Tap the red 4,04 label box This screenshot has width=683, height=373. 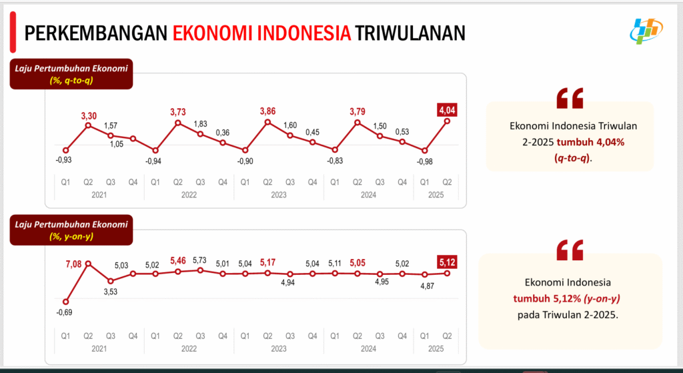point(447,109)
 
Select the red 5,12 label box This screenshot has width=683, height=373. point(447,261)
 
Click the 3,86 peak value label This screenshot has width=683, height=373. point(267,111)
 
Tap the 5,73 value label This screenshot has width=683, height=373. point(200,260)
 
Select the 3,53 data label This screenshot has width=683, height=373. point(111,291)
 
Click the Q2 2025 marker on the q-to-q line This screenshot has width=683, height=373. point(447,121)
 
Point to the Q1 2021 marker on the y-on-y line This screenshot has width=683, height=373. point(65,302)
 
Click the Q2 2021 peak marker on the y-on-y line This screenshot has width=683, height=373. point(88,264)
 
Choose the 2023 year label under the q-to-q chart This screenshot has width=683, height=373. point(279,195)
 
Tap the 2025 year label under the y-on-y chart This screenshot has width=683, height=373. point(436,348)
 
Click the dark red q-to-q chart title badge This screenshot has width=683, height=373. point(71,73)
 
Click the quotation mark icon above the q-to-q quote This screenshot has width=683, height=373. point(570,97)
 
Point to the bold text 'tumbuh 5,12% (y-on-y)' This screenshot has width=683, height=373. point(571,298)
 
